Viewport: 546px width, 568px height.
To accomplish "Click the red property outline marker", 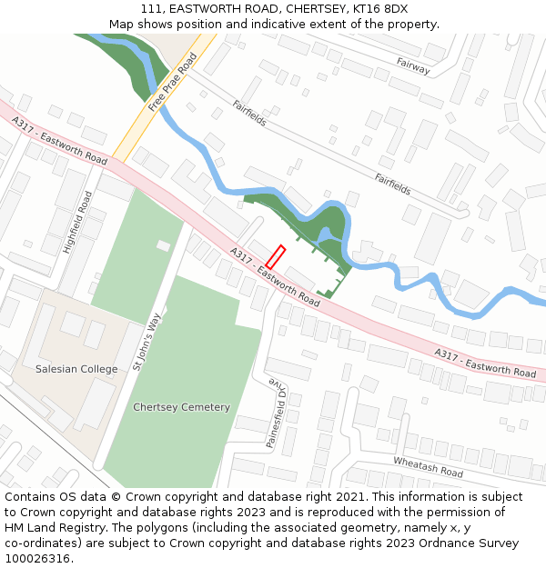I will tap(276, 256).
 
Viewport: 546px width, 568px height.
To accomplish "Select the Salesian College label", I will tap(76, 369).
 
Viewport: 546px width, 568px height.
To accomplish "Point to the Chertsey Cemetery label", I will tap(181, 407).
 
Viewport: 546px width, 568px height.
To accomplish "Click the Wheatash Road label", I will tap(428, 467).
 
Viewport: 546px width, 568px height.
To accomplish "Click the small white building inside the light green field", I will tap(163, 245).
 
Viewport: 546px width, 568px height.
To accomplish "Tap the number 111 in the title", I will tap(151, 9).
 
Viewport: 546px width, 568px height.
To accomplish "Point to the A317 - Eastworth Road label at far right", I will tap(484, 363).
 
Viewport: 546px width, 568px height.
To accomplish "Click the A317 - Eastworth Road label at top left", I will tap(59, 140).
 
